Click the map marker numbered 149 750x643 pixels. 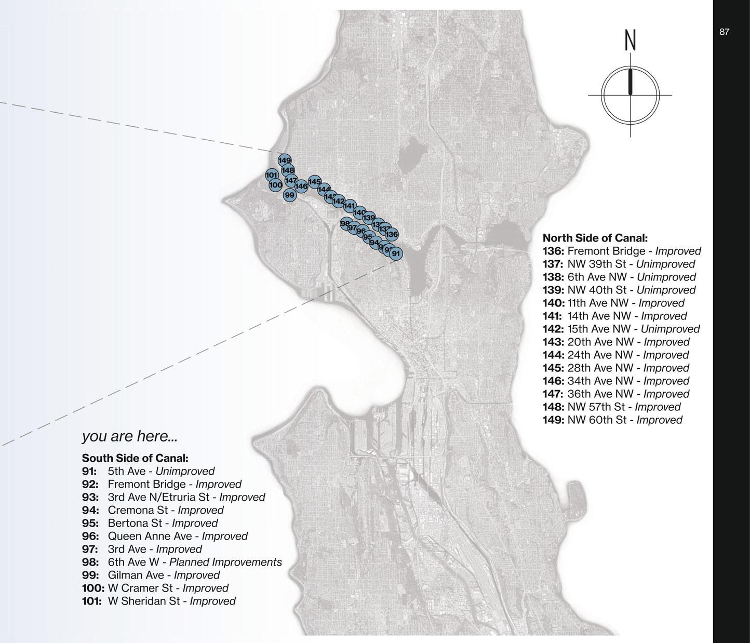[x=285, y=160]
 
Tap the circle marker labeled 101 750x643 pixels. [x=272, y=175]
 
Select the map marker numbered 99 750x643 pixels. [x=290, y=195]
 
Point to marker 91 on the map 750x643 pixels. [x=396, y=253]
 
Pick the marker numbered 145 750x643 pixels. [x=314, y=181]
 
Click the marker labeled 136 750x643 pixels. [x=392, y=234]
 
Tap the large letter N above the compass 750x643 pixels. [x=630, y=40]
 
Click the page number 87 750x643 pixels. [x=724, y=32]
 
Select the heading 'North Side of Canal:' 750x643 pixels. [x=595, y=238]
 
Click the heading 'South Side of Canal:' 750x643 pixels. [x=135, y=458]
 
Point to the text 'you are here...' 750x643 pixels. [x=129, y=436]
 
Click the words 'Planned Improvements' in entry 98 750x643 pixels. [x=225, y=562]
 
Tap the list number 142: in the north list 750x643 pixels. [x=553, y=329]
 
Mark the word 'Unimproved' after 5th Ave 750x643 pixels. [x=185, y=471]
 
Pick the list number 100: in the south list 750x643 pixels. [x=93, y=588]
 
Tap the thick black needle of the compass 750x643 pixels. [x=631, y=82]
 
